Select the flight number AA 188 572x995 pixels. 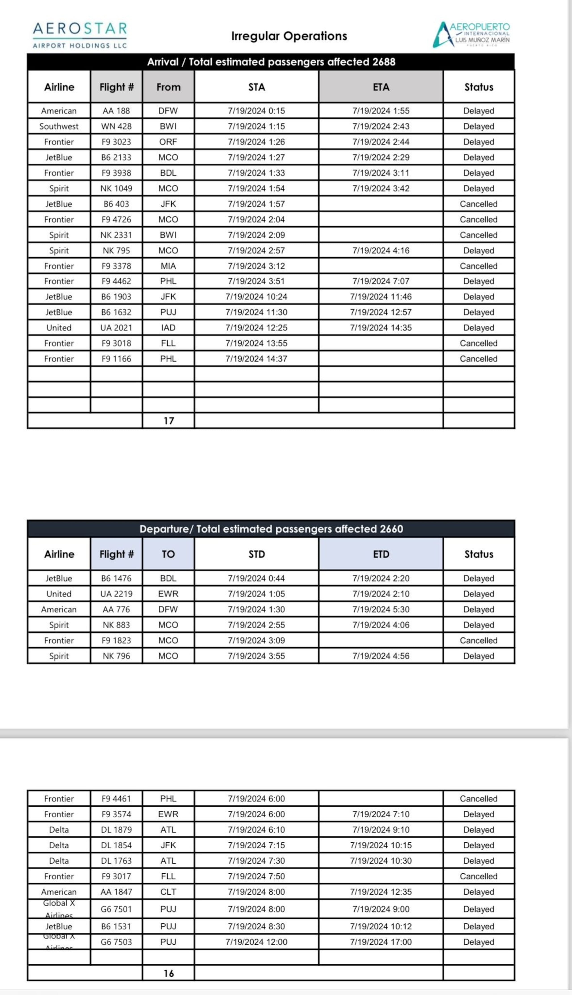116,111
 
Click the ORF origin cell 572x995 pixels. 168,142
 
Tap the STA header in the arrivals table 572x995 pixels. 257,87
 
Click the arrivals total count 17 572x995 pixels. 168,421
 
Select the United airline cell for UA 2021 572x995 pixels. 59,328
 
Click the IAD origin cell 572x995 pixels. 168,328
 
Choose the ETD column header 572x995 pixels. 381,554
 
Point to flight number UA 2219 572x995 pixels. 116,594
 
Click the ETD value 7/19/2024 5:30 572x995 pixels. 381,610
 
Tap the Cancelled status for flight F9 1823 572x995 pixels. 479,640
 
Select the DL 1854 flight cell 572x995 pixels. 116,845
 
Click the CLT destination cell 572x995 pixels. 168,892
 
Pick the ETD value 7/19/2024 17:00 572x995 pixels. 381,942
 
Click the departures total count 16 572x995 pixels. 168,973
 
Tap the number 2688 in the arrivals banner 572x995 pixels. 384,62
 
